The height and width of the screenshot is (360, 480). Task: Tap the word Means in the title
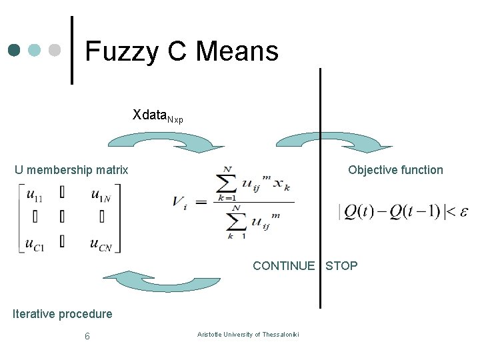click(237, 51)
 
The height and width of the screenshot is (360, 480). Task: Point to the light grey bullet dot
click(55, 50)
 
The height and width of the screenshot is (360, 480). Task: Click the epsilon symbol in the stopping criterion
click(461, 211)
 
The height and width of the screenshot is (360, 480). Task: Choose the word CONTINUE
click(283, 266)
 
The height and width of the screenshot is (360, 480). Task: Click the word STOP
click(341, 266)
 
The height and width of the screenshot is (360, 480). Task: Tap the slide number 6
click(87, 336)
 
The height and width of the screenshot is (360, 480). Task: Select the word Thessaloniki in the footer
click(281, 334)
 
